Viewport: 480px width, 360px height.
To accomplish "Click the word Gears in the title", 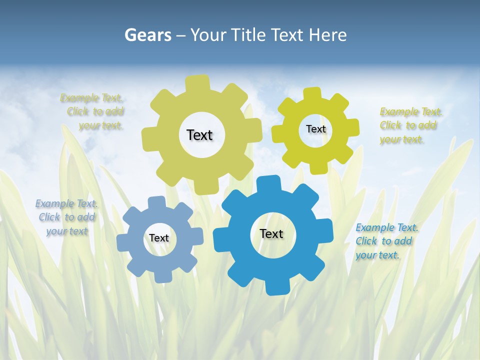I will click(147, 35).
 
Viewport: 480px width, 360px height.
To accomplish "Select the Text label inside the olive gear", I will click(199, 135).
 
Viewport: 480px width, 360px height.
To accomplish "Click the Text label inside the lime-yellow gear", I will click(315, 129).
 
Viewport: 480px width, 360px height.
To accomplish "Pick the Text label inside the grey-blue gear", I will click(159, 238).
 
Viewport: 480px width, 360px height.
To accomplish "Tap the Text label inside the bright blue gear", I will click(271, 233).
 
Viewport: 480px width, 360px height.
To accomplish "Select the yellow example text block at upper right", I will click(408, 125).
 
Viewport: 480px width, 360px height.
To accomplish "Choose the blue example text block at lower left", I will click(66, 217).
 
